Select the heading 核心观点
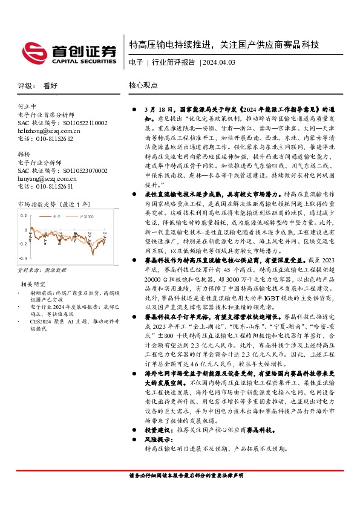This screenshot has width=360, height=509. (x=143, y=86)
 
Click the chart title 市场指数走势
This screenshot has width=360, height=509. (x=38, y=206)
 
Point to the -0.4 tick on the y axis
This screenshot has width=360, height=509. (x=24, y=242)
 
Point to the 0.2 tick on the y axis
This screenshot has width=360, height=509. (x=25, y=215)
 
